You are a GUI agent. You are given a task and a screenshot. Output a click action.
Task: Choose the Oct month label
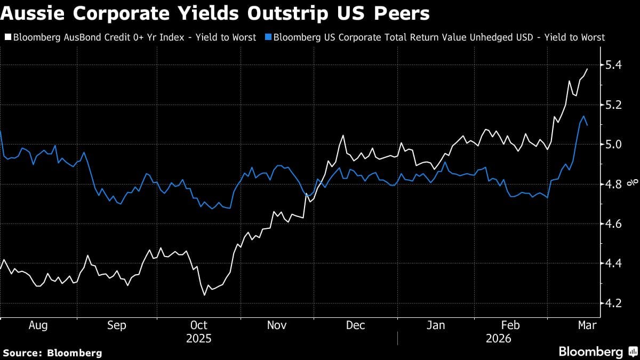[198, 325]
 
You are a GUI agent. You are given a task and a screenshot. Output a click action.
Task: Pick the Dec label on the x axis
[355, 325]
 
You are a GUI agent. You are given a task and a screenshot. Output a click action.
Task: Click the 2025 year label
[198, 339]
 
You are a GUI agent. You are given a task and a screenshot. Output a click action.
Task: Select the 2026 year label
[498, 339]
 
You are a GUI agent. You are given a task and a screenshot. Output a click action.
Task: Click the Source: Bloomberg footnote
[52, 353]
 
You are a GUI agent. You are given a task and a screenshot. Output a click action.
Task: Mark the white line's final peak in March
[587, 69]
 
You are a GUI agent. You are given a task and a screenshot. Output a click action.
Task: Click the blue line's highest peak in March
[584, 116]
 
